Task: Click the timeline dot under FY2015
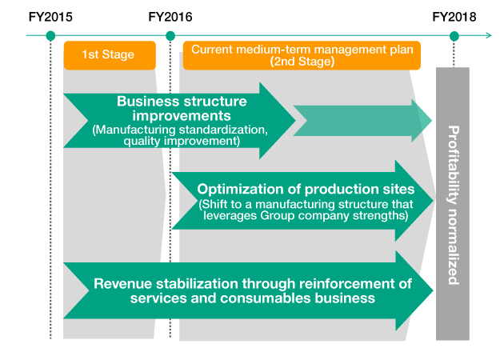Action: (50, 36)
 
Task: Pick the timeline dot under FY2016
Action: (170, 36)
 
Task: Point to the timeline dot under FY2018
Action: (454, 36)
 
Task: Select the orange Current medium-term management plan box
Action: (302, 54)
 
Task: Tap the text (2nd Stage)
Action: (302, 61)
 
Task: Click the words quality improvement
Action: (182, 141)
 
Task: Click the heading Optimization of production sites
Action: (306, 190)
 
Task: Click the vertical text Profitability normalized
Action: (453, 205)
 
